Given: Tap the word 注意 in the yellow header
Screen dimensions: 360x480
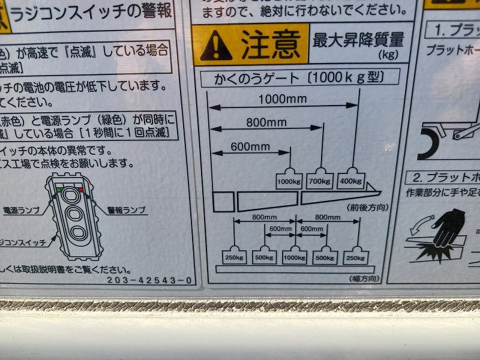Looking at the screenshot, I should pyautogui.click(x=271, y=43).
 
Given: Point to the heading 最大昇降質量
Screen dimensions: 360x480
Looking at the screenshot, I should pyautogui.click(x=358, y=40).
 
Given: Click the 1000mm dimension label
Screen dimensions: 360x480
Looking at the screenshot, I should pyautogui.click(x=283, y=98).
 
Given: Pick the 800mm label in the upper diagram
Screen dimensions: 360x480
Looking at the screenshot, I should pyautogui.click(x=266, y=122).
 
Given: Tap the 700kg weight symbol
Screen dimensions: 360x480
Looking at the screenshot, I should pyautogui.click(x=320, y=179).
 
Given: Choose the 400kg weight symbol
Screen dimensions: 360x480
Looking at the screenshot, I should pyautogui.click(x=350, y=179).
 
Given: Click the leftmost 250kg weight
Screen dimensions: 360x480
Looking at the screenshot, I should pyautogui.click(x=233, y=256).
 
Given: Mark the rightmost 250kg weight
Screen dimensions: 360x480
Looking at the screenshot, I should pyautogui.click(x=355, y=256).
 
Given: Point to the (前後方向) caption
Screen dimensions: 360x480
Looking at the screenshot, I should pyautogui.click(x=367, y=207).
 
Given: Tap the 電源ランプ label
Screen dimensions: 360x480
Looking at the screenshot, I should pyautogui.click(x=21, y=211).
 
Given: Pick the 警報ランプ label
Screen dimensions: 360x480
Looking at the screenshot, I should pyautogui.click(x=127, y=211).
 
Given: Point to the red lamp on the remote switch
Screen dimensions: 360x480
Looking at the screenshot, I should pyautogui.click(x=80, y=189).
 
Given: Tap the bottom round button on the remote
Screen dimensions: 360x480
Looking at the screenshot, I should pyautogui.click(x=76, y=233).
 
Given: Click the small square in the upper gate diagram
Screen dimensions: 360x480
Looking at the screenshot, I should pyautogui.click(x=223, y=202).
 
